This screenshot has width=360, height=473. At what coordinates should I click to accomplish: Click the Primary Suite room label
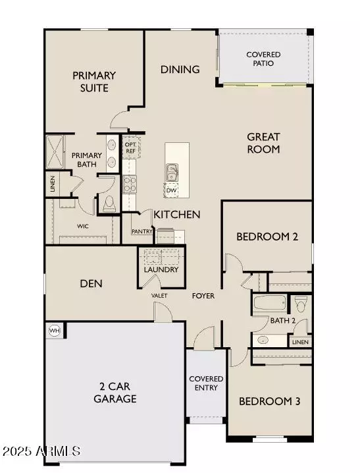(94, 82)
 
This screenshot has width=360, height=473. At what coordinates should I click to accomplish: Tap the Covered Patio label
(263, 59)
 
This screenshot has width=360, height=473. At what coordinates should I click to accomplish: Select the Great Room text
(263, 143)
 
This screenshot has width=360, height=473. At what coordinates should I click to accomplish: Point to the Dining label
(180, 69)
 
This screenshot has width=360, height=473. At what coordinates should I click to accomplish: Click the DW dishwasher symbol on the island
(171, 190)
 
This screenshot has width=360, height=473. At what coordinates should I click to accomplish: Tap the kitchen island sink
(171, 172)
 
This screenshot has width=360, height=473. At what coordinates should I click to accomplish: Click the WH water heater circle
(54, 330)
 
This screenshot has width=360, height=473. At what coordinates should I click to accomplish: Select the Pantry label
(143, 231)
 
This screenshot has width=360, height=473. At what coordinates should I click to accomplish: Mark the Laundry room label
(161, 269)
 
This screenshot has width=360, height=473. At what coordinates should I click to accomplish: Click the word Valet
(159, 296)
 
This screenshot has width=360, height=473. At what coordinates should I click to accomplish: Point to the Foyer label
(203, 296)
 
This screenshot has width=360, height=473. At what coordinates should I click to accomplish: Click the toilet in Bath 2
(301, 304)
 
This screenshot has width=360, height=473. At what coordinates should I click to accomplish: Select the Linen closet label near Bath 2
(300, 342)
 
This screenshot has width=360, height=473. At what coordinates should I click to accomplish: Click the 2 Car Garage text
(115, 393)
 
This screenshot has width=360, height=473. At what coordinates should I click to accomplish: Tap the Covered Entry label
(206, 383)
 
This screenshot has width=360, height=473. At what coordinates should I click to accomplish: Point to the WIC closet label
(83, 226)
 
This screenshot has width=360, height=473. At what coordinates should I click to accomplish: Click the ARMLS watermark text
(41, 452)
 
